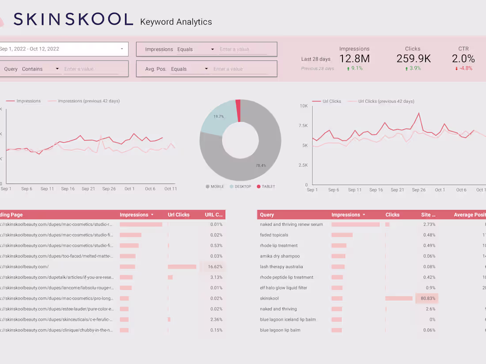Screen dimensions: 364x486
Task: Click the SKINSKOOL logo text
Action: tap(73, 19)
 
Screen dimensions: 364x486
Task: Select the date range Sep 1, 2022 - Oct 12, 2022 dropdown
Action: tap(62, 49)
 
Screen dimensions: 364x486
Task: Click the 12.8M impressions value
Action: tap(354, 59)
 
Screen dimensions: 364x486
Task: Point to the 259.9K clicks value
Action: tap(413, 59)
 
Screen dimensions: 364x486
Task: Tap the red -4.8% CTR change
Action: tap(463, 68)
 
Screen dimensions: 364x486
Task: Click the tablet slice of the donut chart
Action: tap(238, 104)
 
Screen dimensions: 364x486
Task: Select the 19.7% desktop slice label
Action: tap(218, 116)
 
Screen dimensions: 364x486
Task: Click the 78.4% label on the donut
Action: tap(261, 165)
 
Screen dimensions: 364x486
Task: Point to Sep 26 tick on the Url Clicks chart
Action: tap(419, 190)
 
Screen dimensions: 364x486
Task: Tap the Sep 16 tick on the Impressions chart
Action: tap(68, 189)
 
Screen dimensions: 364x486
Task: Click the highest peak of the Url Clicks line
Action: tap(418, 113)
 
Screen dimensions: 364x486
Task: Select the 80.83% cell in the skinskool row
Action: tap(426, 298)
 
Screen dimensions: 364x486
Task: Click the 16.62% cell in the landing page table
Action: tap(215, 266)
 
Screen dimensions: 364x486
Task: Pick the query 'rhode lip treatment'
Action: tap(279, 245)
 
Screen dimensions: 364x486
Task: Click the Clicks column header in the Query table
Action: tap(392, 215)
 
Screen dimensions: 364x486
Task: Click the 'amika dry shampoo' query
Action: tap(280, 256)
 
